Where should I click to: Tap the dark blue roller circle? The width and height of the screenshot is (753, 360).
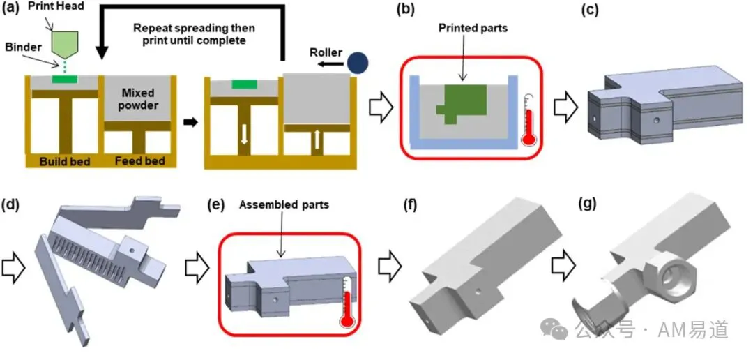click(358, 63)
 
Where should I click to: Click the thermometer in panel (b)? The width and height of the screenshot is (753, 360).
click(528, 119)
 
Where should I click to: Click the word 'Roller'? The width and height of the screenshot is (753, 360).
click(326, 52)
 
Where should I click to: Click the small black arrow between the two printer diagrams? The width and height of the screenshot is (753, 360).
click(191, 122)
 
